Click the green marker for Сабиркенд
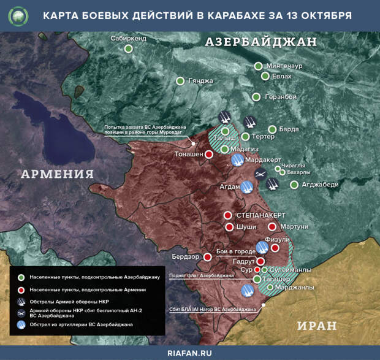[x=129, y=49]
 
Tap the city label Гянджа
[x=201, y=81]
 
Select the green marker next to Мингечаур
[x=258, y=66]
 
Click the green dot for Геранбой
[x=256, y=97]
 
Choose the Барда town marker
[x=272, y=129]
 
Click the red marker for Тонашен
[x=208, y=155]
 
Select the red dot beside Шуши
[x=229, y=227]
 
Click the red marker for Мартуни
[x=272, y=226]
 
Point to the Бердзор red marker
[x=208, y=256]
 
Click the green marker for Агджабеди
[x=294, y=185]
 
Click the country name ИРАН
[x=318, y=325]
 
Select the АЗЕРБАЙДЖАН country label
[x=260, y=42]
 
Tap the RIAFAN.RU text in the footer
[x=190, y=353]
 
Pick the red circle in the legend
[x=21, y=289]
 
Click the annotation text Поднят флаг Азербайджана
[x=202, y=276]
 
